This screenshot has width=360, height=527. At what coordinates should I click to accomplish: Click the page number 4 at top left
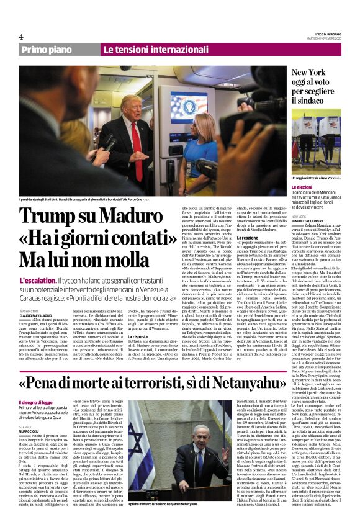point(21,37)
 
